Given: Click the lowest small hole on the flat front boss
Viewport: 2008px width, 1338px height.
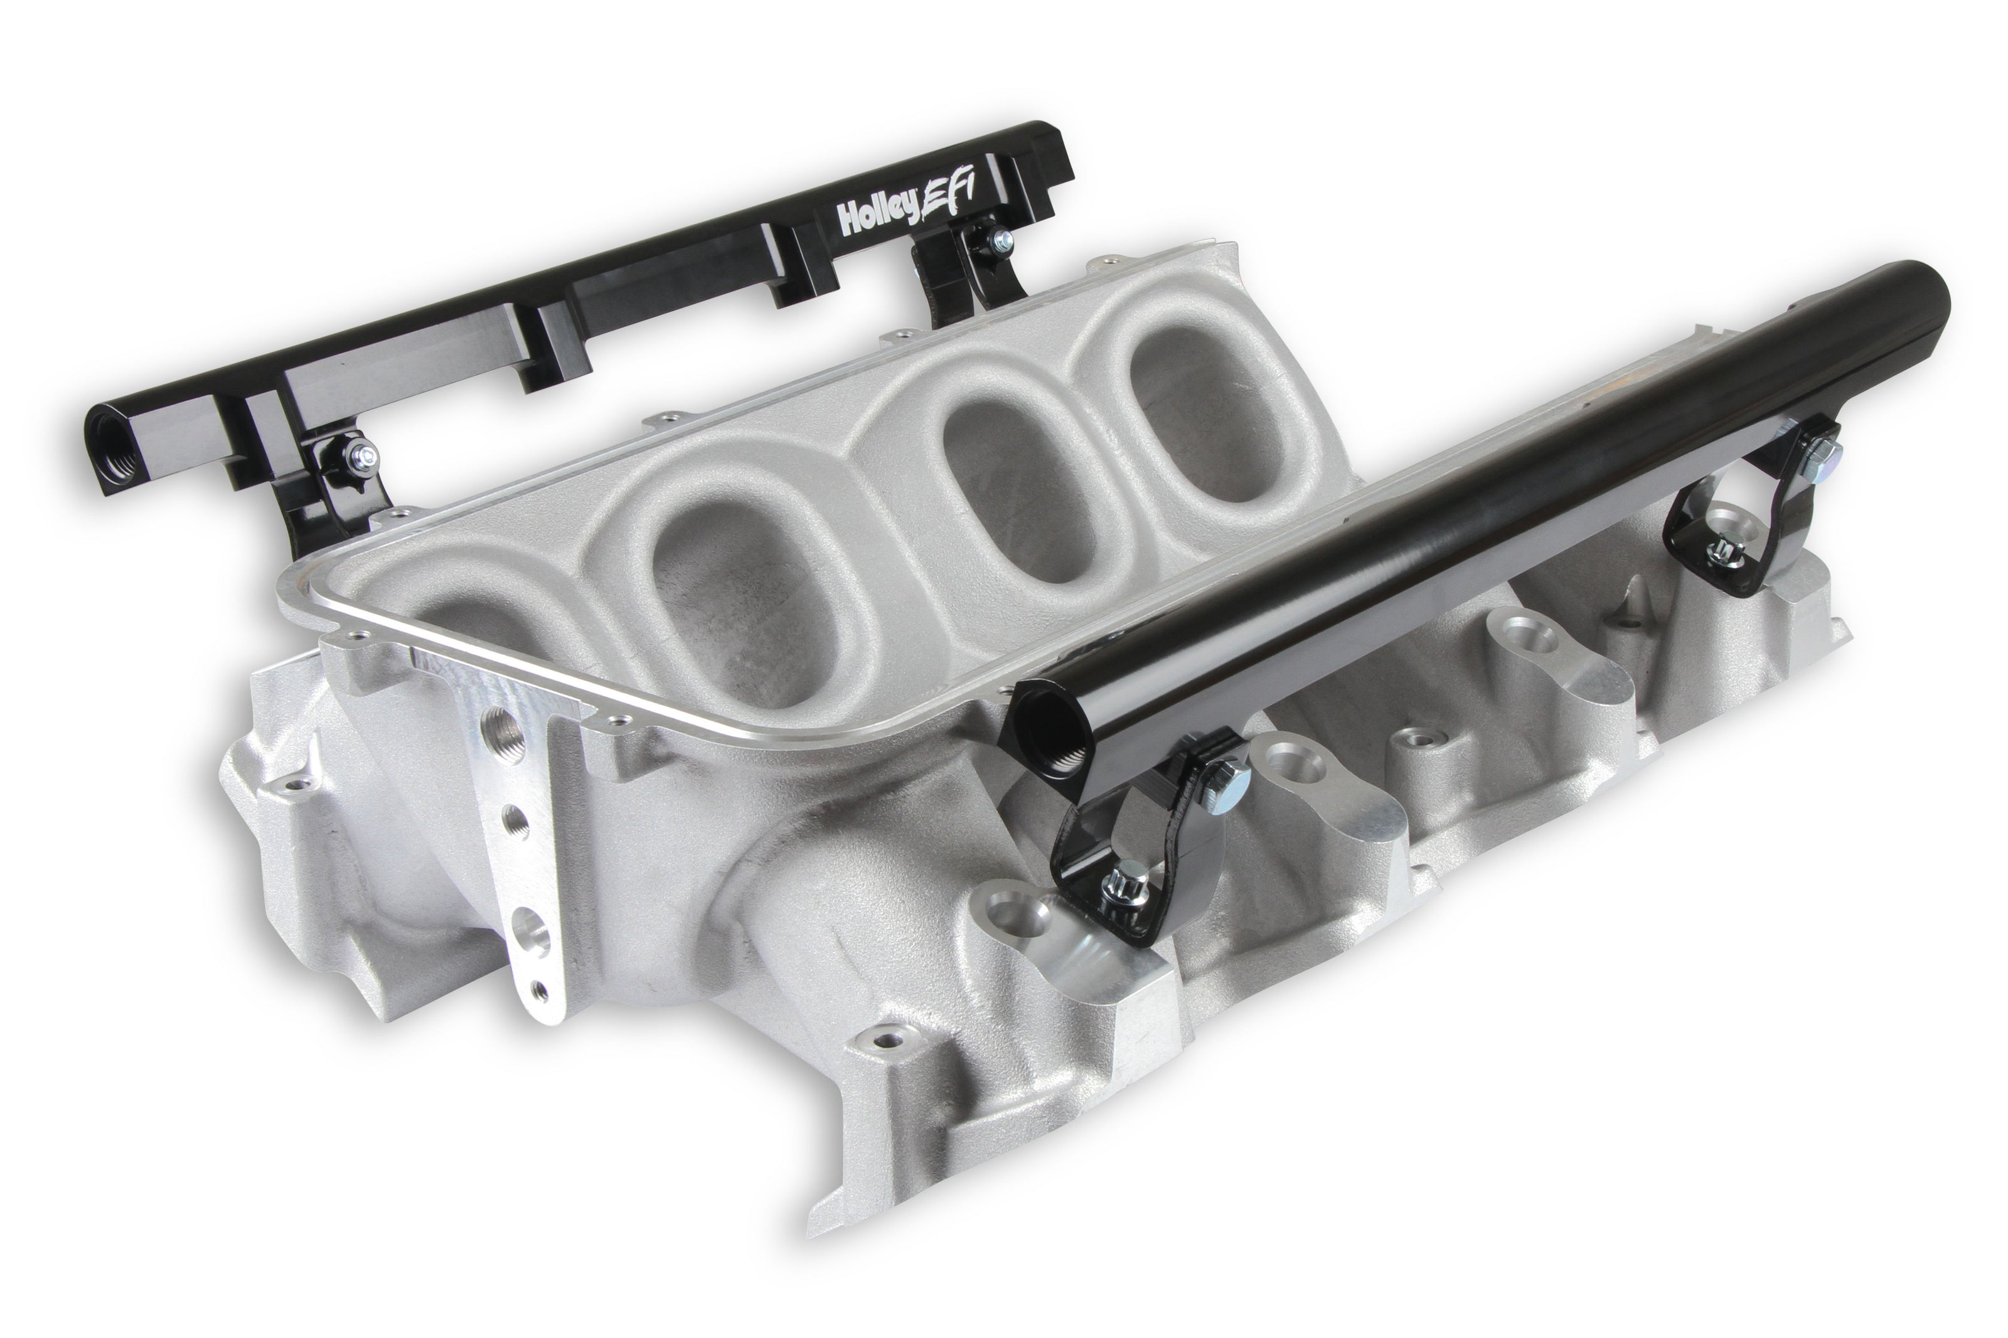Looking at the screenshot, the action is pyautogui.click(x=538, y=990).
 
